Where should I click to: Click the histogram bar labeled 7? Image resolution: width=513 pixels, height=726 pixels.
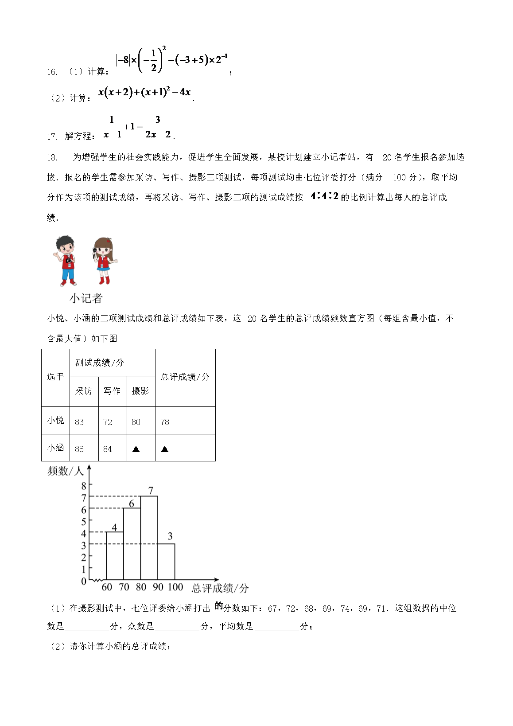coord(149,538)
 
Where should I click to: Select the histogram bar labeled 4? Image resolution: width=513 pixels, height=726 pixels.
coord(115,556)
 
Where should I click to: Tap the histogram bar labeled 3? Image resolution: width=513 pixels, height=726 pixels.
coord(166,562)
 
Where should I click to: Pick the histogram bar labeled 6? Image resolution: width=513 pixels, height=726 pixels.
coord(132,544)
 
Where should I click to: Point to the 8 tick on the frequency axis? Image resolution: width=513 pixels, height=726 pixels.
coord(84,486)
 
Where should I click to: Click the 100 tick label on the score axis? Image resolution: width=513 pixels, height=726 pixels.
coord(175,587)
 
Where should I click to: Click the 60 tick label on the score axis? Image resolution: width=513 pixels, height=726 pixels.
coord(107,587)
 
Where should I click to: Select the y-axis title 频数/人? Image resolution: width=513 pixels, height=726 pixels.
coord(65,471)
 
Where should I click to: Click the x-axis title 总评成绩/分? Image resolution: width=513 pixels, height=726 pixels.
coord(220,589)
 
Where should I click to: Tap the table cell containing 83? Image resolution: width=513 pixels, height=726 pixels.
coord(79,422)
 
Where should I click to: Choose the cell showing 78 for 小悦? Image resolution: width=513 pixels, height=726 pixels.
coord(165,422)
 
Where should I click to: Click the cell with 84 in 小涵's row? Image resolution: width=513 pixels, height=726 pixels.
coord(108,449)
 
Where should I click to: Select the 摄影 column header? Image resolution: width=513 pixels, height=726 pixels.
coord(140,391)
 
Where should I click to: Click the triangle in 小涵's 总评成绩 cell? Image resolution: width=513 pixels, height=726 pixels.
coord(165,449)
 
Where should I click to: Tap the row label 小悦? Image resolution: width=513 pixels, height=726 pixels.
coord(55,420)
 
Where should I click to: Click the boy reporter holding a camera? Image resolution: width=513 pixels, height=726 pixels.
coord(66,261)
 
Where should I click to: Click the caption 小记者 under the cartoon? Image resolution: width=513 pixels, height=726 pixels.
coord(86,298)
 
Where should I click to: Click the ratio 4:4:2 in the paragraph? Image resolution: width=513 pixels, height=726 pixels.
coord(324,196)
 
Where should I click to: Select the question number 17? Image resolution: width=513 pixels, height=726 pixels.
coord(52,137)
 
